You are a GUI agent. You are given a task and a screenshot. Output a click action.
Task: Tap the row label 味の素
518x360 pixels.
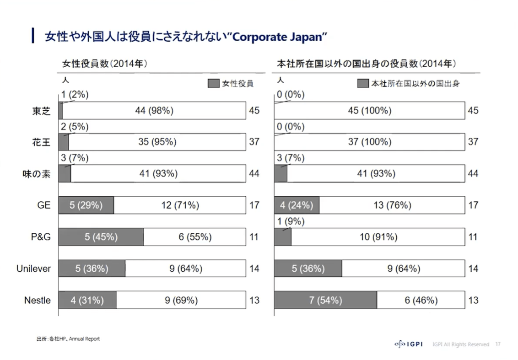(x=37, y=173)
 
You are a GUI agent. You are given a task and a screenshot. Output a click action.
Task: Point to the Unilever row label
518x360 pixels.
(x=33, y=269)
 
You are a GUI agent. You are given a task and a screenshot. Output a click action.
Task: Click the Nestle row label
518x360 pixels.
(x=37, y=301)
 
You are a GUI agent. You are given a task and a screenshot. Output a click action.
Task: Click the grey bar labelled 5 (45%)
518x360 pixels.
(x=101, y=237)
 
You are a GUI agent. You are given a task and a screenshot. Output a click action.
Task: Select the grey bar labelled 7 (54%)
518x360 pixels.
(x=325, y=301)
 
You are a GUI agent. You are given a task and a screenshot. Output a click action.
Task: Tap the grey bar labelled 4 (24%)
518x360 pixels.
(x=297, y=205)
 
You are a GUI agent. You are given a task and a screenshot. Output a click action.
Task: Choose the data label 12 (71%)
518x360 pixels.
(x=180, y=205)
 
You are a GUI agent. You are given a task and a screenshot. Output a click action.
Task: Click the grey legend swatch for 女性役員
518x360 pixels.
(x=213, y=83)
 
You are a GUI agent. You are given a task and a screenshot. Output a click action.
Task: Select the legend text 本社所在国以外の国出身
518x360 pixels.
(x=415, y=83)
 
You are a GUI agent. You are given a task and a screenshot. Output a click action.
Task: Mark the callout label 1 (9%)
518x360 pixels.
(x=291, y=221)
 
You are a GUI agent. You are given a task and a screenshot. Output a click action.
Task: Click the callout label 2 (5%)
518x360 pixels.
(x=75, y=127)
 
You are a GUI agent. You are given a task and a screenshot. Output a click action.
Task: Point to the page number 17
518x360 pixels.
(x=498, y=344)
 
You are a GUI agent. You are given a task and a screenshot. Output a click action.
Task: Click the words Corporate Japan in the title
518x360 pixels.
(x=280, y=37)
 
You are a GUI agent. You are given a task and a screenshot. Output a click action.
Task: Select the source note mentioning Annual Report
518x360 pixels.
(x=68, y=339)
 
